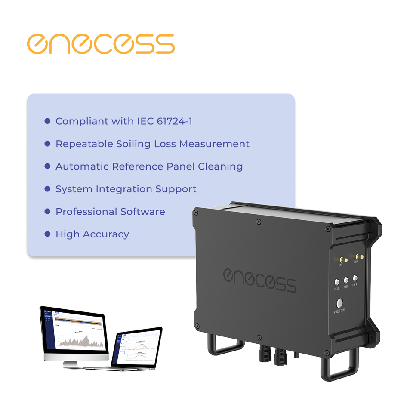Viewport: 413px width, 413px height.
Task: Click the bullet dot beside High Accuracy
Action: point(48,234)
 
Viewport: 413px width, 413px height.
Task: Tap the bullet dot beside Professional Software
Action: point(48,212)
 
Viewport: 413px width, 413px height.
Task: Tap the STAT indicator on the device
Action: point(337,282)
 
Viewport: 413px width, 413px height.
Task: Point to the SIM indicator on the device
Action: point(346,280)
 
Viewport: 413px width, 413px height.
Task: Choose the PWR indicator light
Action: point(355,278)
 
